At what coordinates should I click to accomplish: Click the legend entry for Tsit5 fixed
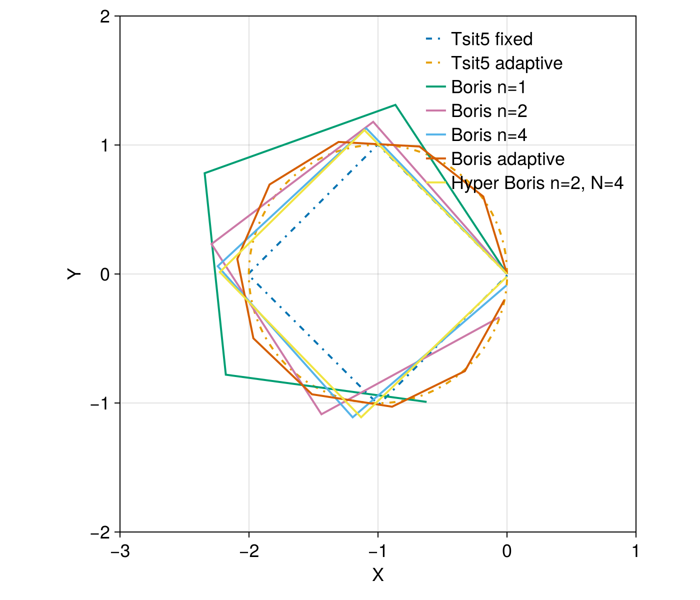(x=491, y=39)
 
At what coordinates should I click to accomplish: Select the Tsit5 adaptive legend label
(x=506, y=63)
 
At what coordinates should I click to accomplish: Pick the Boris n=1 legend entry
(x=488, y=87)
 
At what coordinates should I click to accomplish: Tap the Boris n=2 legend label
(x=489, y=111)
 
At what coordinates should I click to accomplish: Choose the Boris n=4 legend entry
(x=489, y=135)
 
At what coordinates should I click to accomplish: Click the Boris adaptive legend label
(x=507, y=159)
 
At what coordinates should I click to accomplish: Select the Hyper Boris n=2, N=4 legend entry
(x=537, y=183)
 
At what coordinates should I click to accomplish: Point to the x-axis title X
(x=378, y=575)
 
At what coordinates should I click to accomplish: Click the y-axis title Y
(x=74, y=274)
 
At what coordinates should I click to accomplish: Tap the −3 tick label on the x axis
(x=120, y=551)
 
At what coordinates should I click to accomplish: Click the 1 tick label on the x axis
(x=635, y=551)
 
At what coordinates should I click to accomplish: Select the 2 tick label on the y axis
(x=104, y=16)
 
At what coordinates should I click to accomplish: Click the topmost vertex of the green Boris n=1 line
(x=395, y=104)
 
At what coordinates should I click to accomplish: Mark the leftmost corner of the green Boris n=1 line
(x=204, y=173)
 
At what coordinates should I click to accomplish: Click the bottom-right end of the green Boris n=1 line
(x=426, y=401)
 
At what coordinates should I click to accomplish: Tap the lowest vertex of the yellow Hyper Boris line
(x=360, y=417)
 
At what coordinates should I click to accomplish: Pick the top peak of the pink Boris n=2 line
(x=373, y=121)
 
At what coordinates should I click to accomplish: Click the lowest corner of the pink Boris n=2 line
(x=321, y=414)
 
